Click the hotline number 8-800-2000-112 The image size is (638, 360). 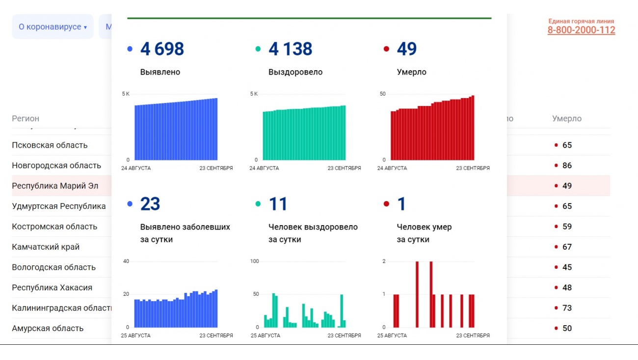(581, 30)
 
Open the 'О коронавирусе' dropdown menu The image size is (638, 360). (53, 27)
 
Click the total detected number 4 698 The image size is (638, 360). (162, 49)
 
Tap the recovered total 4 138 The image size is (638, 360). (290, 49)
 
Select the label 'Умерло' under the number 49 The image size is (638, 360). (411, 72)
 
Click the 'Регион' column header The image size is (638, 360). (26, 119)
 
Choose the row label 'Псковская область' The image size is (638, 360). (50, 145)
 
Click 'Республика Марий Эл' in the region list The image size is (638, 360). (55, 186)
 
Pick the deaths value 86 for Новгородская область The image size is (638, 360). (567, 166)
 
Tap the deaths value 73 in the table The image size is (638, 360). (567, 308)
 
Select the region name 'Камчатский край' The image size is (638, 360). (46, 247)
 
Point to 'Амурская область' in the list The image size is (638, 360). (48, 329)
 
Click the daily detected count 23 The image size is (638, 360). (150, 204)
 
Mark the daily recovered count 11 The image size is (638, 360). (278, 204)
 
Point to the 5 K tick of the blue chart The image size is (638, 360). (126, 94)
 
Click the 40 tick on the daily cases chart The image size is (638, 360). (126, 261)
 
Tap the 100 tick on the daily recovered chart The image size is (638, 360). (254, 261)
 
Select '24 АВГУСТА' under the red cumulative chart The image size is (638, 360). (392, 168)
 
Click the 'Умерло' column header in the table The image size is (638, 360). (566, 119)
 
